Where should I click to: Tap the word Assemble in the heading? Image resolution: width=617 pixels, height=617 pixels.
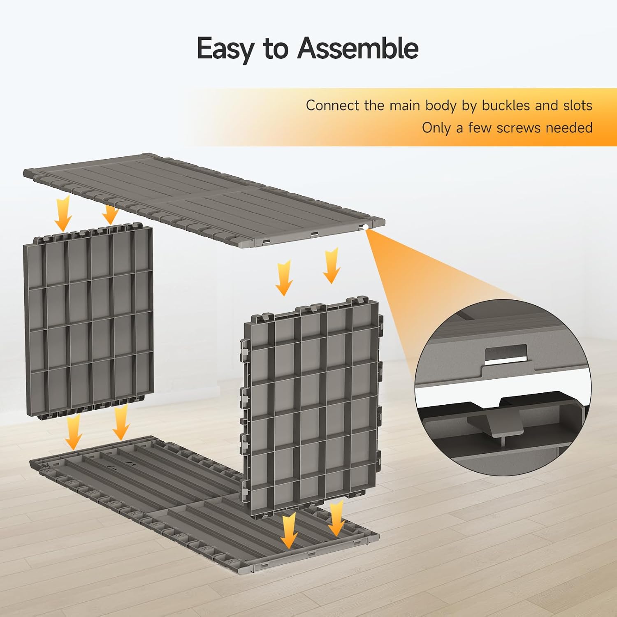point(357,48)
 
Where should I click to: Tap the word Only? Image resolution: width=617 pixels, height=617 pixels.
point(437,128)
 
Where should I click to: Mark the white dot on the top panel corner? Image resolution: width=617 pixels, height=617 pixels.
point(365,227)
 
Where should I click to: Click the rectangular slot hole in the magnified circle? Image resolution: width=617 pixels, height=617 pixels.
point(506,353)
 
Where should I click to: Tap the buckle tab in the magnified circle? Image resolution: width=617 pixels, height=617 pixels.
point(495,424)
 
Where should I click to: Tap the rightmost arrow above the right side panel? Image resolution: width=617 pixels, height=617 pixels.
point(331,265)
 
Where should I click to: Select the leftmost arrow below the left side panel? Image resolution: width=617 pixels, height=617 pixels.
point(74,432)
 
